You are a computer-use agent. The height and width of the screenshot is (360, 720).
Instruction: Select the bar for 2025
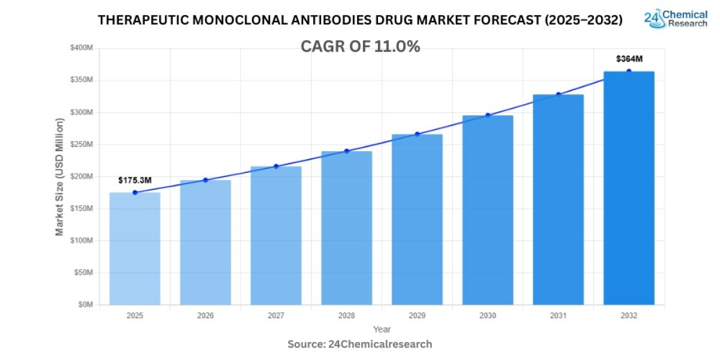pyautogui.click(x=134, y=248)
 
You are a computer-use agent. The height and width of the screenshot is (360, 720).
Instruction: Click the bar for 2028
pyautogui.click(x=346, y=228)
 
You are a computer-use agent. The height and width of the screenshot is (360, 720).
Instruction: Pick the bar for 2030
pyautogui.click(x=488, y=210)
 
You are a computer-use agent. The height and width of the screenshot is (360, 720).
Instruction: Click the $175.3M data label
pyautogui.click(x=134, y=180)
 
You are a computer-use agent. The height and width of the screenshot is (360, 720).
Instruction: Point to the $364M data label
pyautogui.click(x=629, y=59)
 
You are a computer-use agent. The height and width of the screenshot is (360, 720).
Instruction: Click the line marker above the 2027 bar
pyautogui.click(x=276, y=166)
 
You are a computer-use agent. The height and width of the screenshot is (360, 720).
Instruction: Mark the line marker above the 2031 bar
pyautogui.click(x=558, y=94)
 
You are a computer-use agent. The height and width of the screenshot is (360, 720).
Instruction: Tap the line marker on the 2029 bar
pyautogui.click(x=417, y=134)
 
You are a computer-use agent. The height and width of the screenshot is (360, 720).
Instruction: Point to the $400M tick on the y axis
pyautogui.click(x=82, y=48)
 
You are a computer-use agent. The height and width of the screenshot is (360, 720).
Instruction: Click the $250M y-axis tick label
pyautogui.click(x=82, y=145)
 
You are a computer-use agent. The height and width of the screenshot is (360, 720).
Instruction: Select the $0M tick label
pyautogui.click(x=85, y=305)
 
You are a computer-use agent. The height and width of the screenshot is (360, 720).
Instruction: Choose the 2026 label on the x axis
pyautogui.click(x=205, y=315)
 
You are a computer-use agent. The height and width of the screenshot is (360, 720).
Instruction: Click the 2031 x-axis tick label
pyautogui.click(x=558, y=315)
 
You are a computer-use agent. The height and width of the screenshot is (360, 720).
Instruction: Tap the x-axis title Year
pyautogui.click(x=382, y=329)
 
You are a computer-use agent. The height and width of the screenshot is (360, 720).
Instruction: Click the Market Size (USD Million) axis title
pyautogui.click(x=59, y=176)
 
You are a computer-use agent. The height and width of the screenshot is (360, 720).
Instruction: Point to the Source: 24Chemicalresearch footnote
pyautogui.click(x=360, y=344)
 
